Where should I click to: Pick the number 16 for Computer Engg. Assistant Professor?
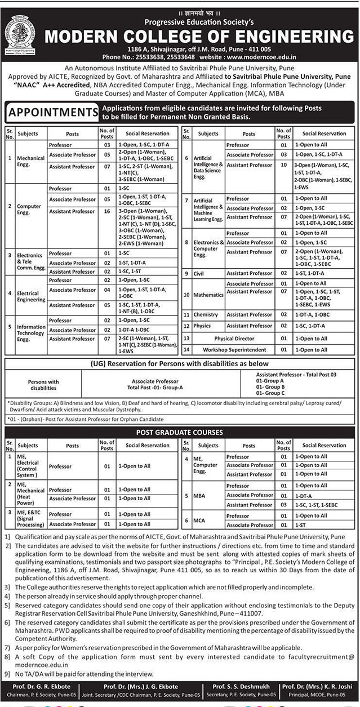pos(107,211)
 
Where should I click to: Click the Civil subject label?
pos(199,273)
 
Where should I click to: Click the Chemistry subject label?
pos(206,314)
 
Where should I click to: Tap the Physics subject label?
pos(202,326)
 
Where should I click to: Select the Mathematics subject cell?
pos(208,295)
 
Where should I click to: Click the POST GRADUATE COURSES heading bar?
pos(180,432)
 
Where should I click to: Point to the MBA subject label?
pos(199,495)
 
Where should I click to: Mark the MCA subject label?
pos(199,520)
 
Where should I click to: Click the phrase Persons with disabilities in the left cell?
pos(43,385)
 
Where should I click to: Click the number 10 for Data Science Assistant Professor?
pos(283,165)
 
